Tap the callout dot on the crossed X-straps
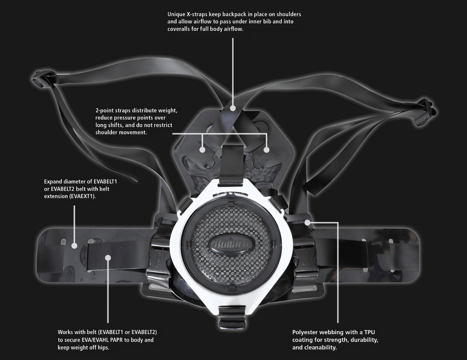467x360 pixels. tap(233, 108)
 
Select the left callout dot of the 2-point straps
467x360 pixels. tap(202, 149)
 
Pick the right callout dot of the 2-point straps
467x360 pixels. tap(267, 149)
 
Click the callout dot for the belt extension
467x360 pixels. tap(74, 246)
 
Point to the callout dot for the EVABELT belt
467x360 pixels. tap(108, 258)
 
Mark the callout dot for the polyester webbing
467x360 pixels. tap(308, 222)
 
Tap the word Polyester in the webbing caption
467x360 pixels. tap(305, 332)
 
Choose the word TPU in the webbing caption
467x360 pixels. tap(369, 332)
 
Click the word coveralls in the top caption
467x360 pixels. tap(180, 29)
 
